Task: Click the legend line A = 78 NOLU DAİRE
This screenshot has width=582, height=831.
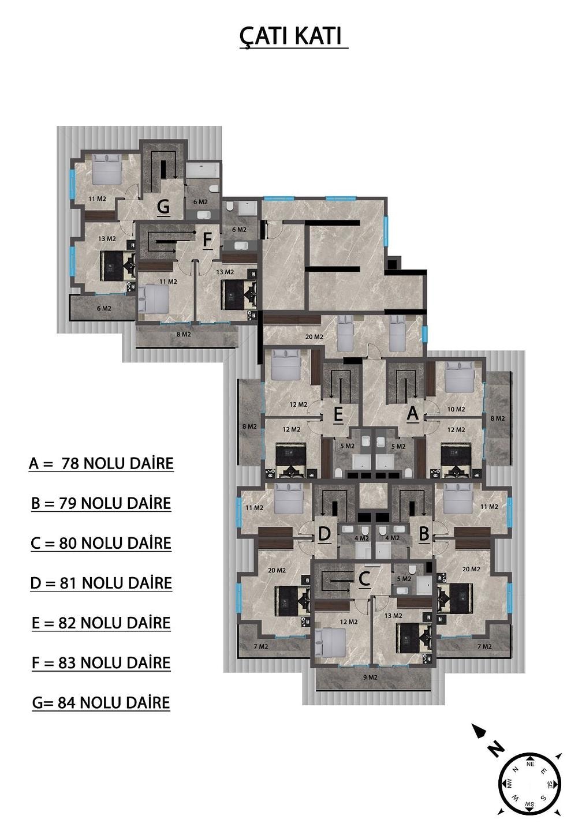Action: click(102, 464)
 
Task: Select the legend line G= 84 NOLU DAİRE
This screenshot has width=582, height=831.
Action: click(101, 703)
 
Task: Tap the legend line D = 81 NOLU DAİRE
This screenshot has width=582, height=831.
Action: click(101, 583)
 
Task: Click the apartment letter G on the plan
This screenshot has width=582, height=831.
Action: click(163, 206)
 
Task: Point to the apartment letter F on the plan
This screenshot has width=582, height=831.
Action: click(207, 239)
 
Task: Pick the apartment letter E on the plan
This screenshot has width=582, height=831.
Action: click(338, 414)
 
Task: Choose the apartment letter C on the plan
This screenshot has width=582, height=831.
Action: click(364, 578)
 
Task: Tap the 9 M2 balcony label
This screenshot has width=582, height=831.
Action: click(370, 677)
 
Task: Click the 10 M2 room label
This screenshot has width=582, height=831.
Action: click(456, 409)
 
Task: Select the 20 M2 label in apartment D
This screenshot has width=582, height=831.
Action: click(277, 570)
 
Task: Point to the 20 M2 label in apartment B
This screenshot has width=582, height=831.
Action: click(471, 569)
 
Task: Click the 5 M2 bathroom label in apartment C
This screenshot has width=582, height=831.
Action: click(404, 579)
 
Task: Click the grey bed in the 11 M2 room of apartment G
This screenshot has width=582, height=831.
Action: click(107, 170)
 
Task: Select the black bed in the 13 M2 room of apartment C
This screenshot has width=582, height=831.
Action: click(415, 638)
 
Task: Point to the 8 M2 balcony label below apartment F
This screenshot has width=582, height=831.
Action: click(184, 334)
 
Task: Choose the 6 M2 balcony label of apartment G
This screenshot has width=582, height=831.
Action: click(104, 308)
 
